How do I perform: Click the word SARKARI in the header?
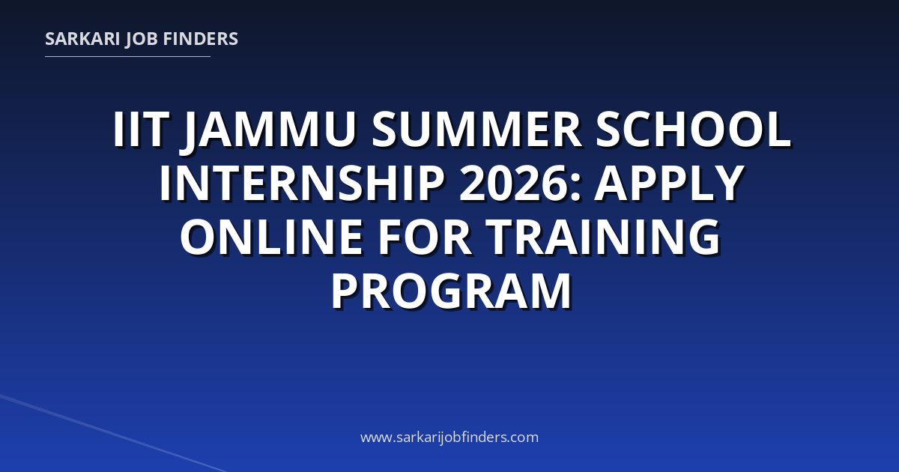pyautogui.click(x=82, y=39)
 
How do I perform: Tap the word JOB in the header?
pyautogui.click(x=142, y=40)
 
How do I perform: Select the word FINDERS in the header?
pyautogui.click(x=201, y=39)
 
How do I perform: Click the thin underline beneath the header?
pyautogui.click(x=127, y=57)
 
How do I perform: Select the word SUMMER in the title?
pyautogui.click(x=476, y=129)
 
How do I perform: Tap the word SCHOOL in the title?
pyautogui.click(x=693, y=129)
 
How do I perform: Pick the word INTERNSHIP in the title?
pyautogui.click(x=302, y=183)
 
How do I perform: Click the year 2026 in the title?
pyautogui.click(x=515, y=183)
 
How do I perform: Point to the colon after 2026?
pyautogui.click(x=576, y=188)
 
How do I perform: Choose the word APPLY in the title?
pyautogui.click(x=670, y=183)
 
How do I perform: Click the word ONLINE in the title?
pyautogui.click(x=272, y=237)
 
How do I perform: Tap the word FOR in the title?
pyautogui.click(x=425, y=237)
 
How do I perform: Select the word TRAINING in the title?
pyautogui.click(x=603, y=237)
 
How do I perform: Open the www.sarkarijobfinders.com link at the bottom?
pyautogui.click(x=449, y=437)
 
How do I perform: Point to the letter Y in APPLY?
pyautogui.click(x=727, y=183)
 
